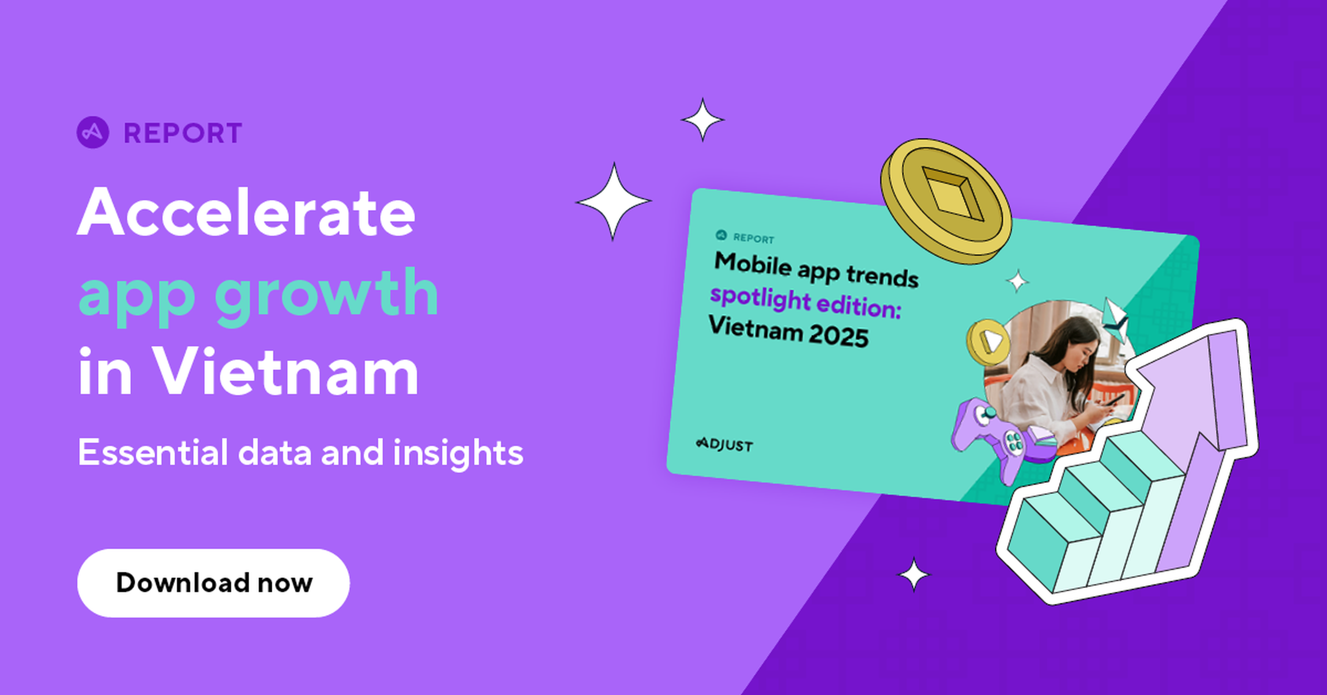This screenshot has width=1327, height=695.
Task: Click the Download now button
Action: coord(213,582)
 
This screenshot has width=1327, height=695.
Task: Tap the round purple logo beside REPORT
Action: coord(93,132)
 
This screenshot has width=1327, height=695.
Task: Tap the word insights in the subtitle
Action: coord(458,453)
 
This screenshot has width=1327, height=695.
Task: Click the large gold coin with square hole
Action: coord(946,201)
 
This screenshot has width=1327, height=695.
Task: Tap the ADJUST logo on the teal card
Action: coord(724,445)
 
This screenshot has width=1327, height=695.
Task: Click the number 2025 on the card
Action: coord(839,335)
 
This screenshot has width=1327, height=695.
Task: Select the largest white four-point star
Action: coord(613,201)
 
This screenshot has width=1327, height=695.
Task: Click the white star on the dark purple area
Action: coord(913,574)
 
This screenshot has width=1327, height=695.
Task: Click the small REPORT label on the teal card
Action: coord(754,239)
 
